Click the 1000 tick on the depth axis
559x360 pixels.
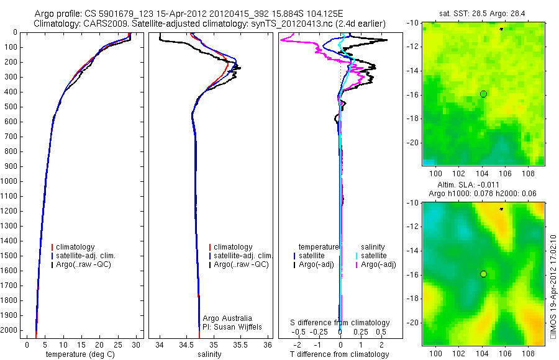(x=9, y=181)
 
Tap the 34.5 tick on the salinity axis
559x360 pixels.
(x=187, y=344)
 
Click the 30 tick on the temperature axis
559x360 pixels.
(x=137, y=344)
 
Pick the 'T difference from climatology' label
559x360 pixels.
(x=339, y=354)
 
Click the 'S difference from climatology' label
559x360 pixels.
(x=340, y=323)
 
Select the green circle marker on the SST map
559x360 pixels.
(x=483, y=94)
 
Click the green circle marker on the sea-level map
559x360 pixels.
(x=483, y=274)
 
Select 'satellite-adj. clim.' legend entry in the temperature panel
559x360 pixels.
(x=90, y=256)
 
